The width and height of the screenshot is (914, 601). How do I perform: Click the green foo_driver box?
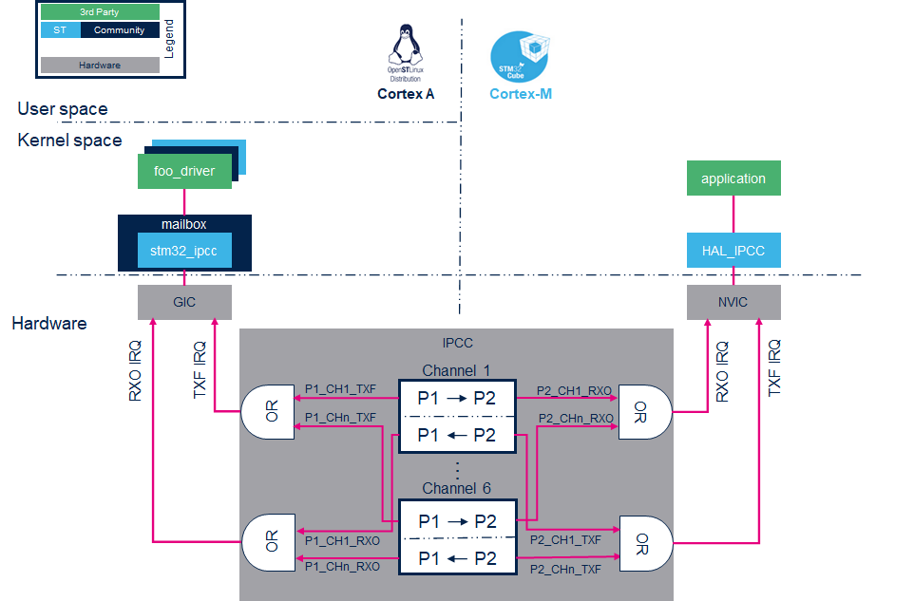184,172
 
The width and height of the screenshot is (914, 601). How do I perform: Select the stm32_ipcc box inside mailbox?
184,251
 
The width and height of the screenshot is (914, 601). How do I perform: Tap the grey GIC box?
184,302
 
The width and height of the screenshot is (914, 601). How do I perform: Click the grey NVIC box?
733,302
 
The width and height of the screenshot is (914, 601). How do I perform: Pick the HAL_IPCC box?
733,251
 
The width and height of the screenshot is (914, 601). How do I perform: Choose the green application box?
733,178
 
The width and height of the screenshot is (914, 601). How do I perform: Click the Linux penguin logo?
406,46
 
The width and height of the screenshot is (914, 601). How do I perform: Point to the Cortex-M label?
521,94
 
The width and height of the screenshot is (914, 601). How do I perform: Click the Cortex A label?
406,94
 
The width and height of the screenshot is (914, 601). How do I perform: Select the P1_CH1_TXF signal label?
340,388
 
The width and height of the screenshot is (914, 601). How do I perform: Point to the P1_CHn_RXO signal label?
342,567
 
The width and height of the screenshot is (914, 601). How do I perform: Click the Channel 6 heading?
456,488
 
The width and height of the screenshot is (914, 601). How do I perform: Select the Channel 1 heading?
456,369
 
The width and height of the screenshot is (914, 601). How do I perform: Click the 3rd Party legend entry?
100,12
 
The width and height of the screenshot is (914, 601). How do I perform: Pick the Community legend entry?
120,30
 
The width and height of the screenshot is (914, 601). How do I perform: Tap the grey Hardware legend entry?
100,66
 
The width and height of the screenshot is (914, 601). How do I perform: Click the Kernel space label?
69,141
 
